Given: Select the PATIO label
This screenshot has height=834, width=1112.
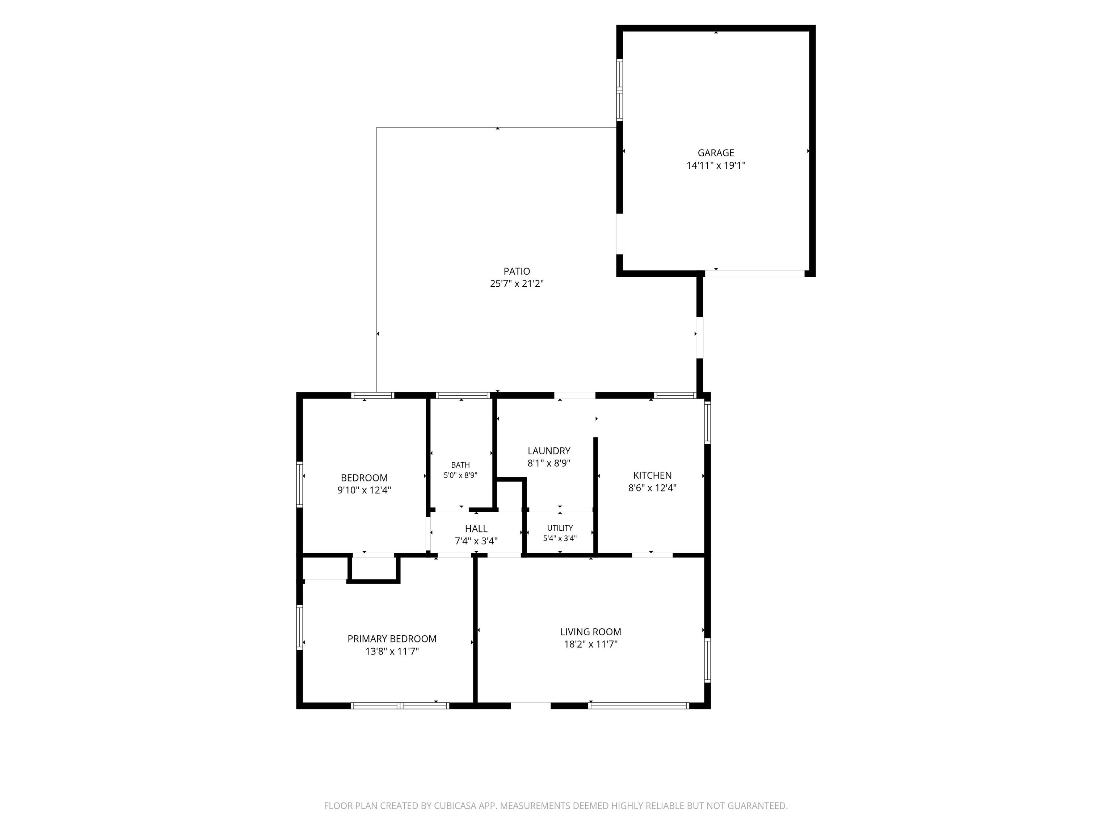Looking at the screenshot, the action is click(x=517, y=271).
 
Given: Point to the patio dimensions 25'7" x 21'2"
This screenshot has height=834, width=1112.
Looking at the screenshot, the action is click(x=517, y=283).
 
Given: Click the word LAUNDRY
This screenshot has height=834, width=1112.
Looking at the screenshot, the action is click(x=549, y=451).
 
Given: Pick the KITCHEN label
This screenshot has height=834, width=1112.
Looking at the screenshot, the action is click(x=653, y=475).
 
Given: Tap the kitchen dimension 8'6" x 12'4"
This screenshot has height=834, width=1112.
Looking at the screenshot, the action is click(x=653, y=488).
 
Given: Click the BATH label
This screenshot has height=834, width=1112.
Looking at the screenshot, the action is click(x=460, y=465).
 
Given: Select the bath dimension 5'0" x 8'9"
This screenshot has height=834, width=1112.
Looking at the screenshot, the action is click(x=460, y=475).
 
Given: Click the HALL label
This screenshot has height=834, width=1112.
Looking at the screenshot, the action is click(x=476, y=529).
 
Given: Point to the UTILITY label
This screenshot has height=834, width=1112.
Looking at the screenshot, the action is click(x=560, y=528).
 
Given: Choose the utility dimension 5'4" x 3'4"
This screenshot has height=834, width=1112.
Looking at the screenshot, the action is click(x=560, y=538).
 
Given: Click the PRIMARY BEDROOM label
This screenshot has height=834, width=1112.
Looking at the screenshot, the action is click(x=392, y=639).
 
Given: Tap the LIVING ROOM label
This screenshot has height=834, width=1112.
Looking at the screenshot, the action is click(x=591, y=632).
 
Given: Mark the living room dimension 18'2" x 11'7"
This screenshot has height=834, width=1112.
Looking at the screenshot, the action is click(x=591, y=644).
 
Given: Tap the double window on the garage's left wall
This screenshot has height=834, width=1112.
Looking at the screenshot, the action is click(x=620, y=90).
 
